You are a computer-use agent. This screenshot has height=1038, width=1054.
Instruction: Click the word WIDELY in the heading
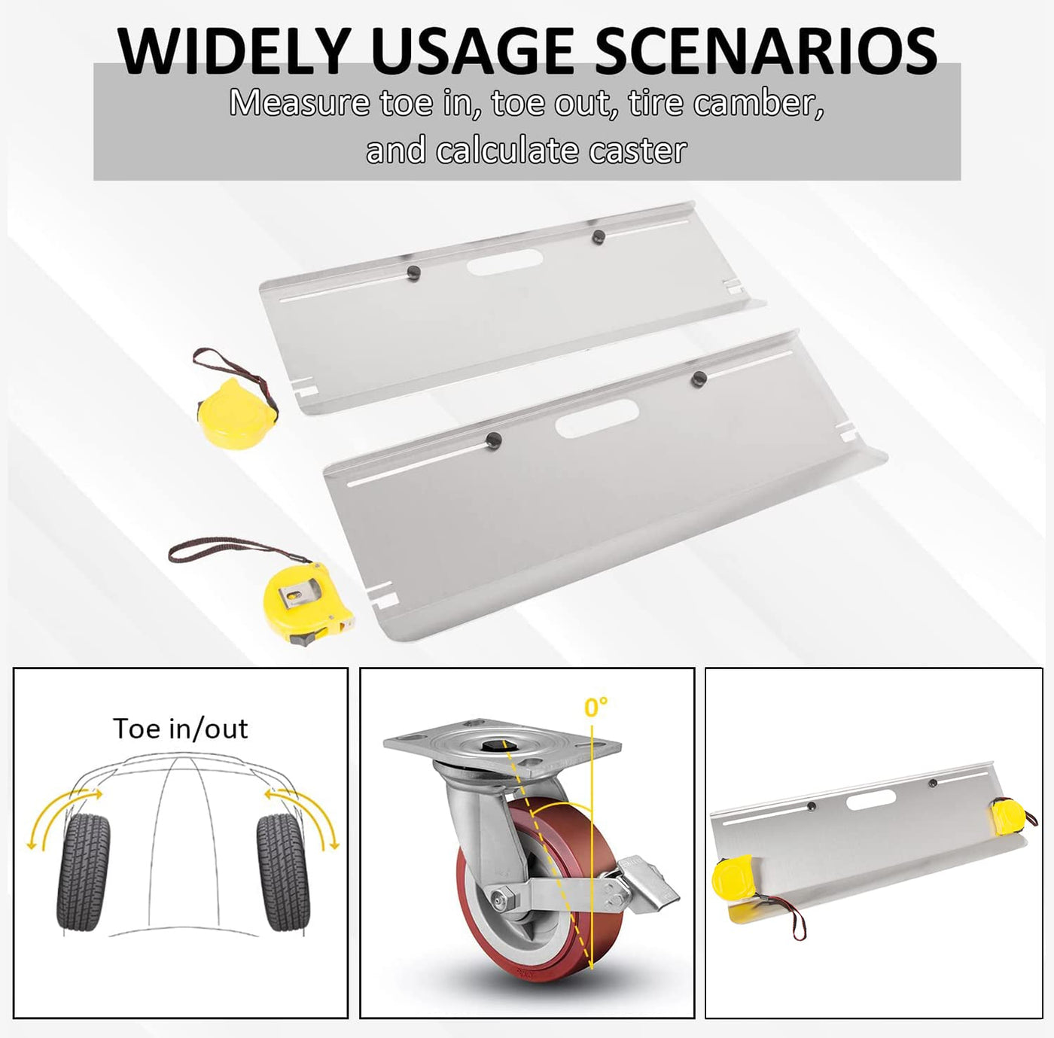coord(233,51)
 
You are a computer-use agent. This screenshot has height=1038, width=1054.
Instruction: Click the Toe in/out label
coord(181,729)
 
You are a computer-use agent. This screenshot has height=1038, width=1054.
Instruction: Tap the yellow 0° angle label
coord(596,707)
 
